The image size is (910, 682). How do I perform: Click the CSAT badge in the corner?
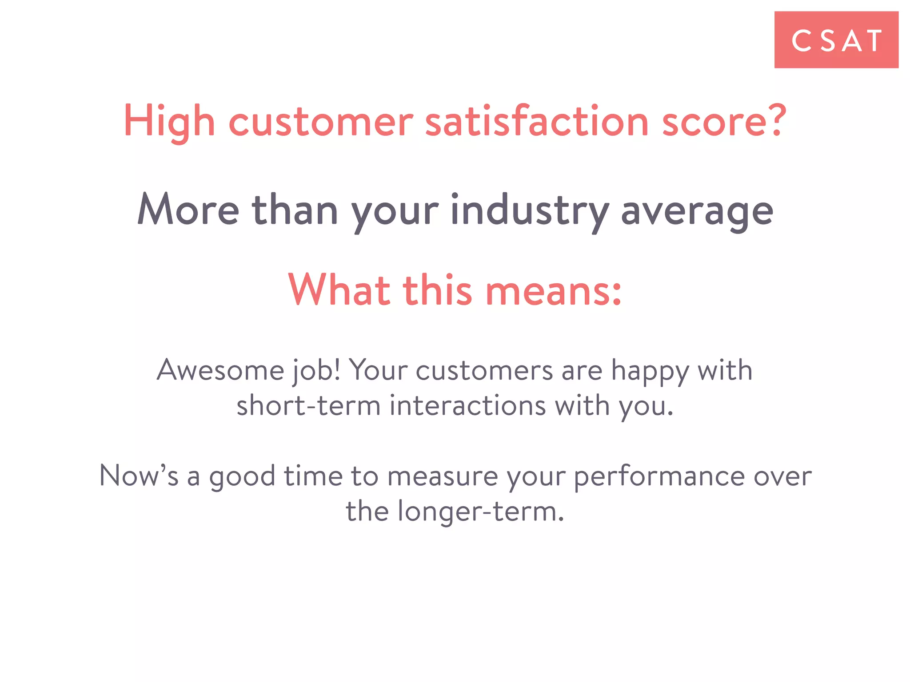[x=836, y=40]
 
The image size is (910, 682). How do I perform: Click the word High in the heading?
[x=169, y=121]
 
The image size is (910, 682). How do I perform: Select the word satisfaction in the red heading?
[x=537, y=121]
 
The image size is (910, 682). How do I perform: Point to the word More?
[x=188, y=210]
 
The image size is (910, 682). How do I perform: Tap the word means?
[x=553, y=291]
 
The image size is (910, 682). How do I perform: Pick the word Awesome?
[x=220, y=370]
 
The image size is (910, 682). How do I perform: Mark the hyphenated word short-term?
[x=308, y=405]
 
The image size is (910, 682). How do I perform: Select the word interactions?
[x=467, y=405]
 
